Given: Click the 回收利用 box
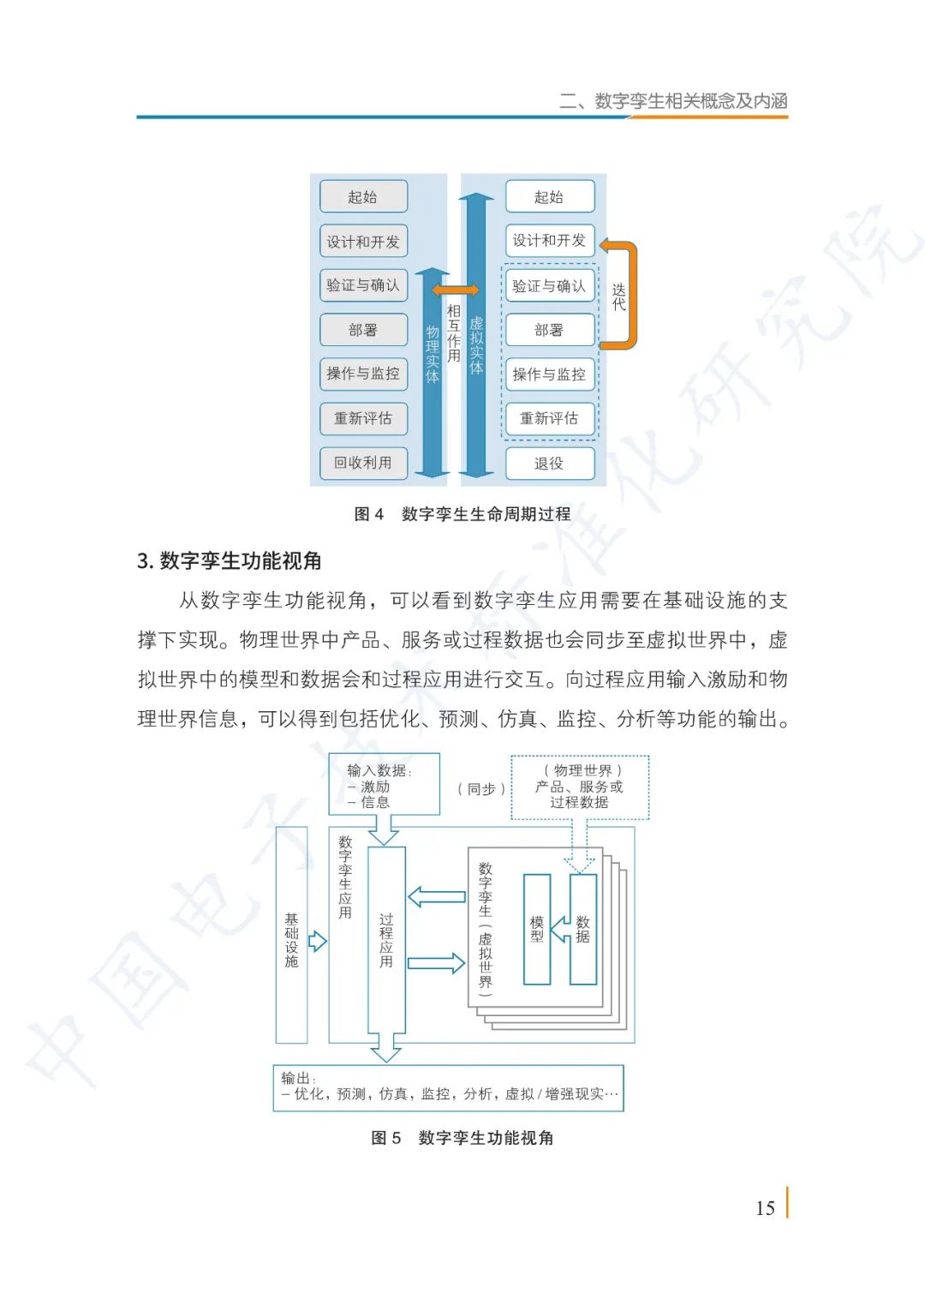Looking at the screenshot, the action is (363, 463).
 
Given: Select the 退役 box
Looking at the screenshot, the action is (549, 464).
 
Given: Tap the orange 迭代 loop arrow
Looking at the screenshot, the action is (630, 296).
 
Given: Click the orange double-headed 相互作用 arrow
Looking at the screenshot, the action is (456, 290).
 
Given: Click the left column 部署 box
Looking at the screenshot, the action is (363, 330).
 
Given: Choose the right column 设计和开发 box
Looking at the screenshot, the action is (549, 241).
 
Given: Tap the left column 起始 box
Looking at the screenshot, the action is (363, 197).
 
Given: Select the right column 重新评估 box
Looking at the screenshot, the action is (549, 418).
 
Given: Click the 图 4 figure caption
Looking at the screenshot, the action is (462, 514).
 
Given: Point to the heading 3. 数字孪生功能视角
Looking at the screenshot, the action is (230, 561).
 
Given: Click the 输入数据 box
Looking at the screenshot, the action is (384, 784).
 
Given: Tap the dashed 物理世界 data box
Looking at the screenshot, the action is (580, 787).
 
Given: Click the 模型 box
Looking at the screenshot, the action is (537, 929).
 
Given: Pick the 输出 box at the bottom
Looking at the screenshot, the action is (448, 1087).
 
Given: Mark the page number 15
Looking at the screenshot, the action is (765, 1208).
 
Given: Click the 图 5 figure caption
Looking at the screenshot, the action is (462, 1138).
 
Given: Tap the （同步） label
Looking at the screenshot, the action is (481, 789).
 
